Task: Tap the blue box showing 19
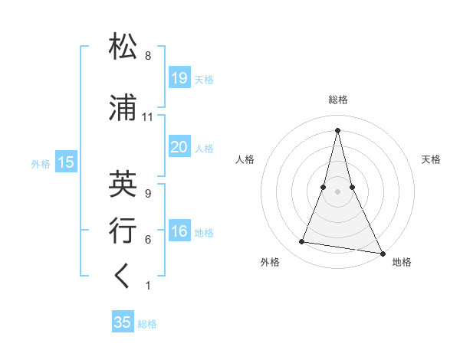[179, 77]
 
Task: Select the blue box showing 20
[179, 147]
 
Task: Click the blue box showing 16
[179, 232]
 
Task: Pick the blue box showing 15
[66, 162]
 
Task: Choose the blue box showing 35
[123, 322]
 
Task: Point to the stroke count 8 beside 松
[148, 56]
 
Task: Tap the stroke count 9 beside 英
[148, 194]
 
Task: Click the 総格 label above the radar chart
[338, 100]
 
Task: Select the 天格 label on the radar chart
[431, 159]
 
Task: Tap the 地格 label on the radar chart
[402, 262]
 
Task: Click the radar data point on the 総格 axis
[338, 129]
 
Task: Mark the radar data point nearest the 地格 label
[382, 252]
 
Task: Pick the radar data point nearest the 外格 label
[302, 242]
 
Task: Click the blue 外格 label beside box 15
[40, 162]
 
